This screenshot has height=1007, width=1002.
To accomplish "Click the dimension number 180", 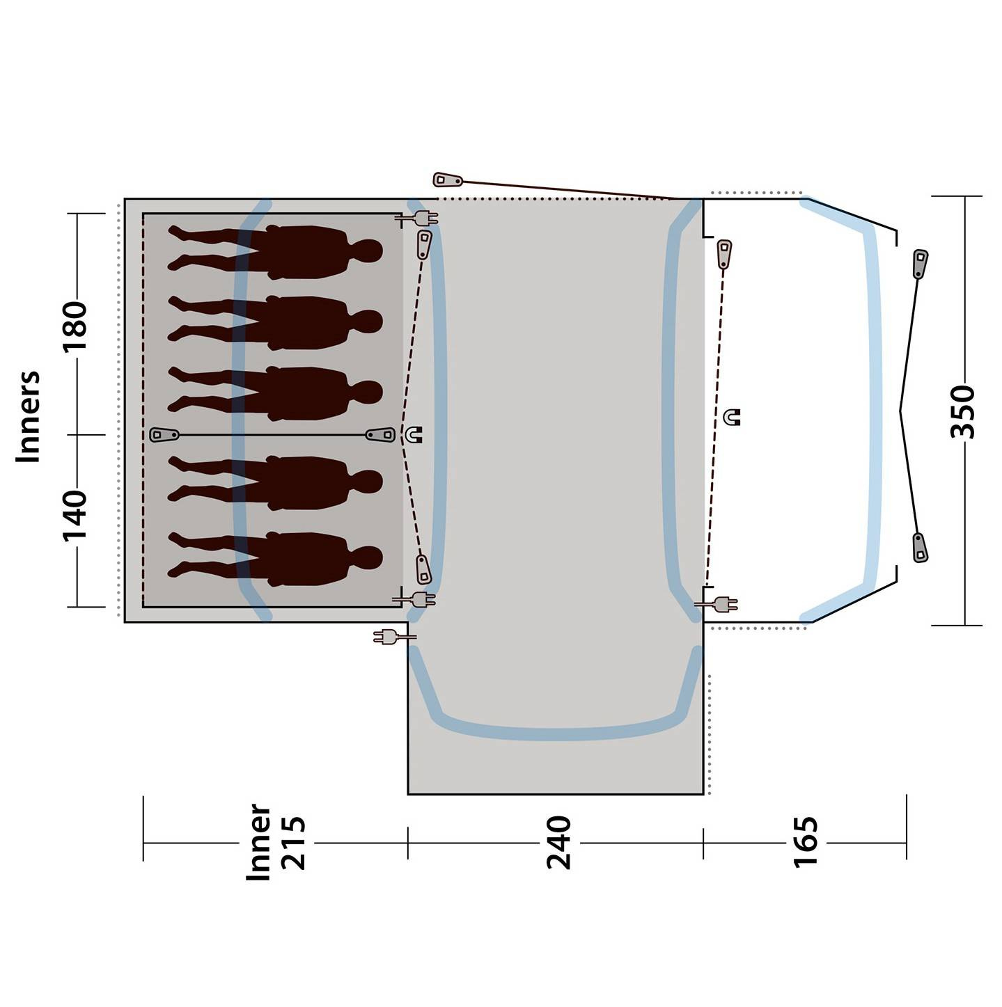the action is (74, 326).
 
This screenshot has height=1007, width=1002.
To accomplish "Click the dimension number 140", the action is (74, 515).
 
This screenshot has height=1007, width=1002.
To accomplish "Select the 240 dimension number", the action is (558, 843).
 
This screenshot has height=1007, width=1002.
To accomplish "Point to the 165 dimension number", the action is (806, 842).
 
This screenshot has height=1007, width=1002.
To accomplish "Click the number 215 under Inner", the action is (293, 842).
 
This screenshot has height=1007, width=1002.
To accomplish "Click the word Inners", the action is (28, 416).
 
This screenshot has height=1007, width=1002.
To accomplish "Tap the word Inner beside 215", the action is (258, 842).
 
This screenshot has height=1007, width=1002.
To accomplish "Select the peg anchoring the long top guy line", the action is (448, 180).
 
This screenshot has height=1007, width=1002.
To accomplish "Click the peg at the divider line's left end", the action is (164, 435).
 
